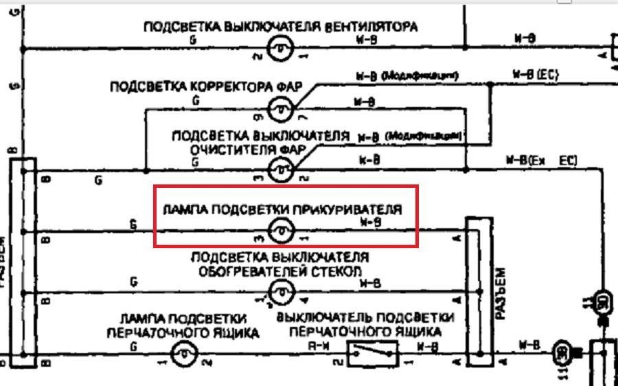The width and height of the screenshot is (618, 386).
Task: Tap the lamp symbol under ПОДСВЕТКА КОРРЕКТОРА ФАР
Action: (279, 108)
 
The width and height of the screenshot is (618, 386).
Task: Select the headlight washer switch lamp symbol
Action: (279, 169)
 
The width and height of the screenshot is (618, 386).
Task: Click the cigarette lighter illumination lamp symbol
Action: (279, 232)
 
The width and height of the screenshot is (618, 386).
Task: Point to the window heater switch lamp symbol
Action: (279, 293)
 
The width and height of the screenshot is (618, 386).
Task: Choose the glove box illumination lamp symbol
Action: (183, 354)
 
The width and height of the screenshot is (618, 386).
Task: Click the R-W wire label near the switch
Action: (317, 346)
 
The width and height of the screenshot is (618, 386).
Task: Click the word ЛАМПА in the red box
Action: (180, 208)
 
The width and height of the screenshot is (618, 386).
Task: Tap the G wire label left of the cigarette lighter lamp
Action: (133, 224)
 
